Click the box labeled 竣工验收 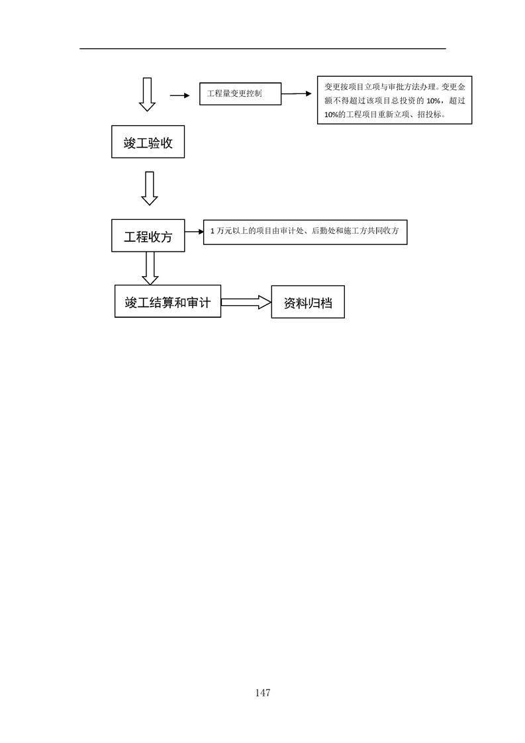(148, 142)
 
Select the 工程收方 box (148, 236)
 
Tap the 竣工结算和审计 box (167, 301)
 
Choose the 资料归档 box (308, 302)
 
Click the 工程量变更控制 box (240, 94)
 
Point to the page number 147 (262, 693)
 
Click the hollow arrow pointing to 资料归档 (246, 303)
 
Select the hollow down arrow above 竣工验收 (148, 94)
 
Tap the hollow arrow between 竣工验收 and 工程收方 (150, 188)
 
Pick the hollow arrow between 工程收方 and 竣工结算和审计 (150, 268)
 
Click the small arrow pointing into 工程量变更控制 (180, 96)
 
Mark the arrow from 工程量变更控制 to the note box (297, 94)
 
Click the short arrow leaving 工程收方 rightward (194, 232)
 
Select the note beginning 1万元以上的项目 (305, 232)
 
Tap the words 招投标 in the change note (429, 114)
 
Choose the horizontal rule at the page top (263, 48)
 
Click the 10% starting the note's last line (332, 115)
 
